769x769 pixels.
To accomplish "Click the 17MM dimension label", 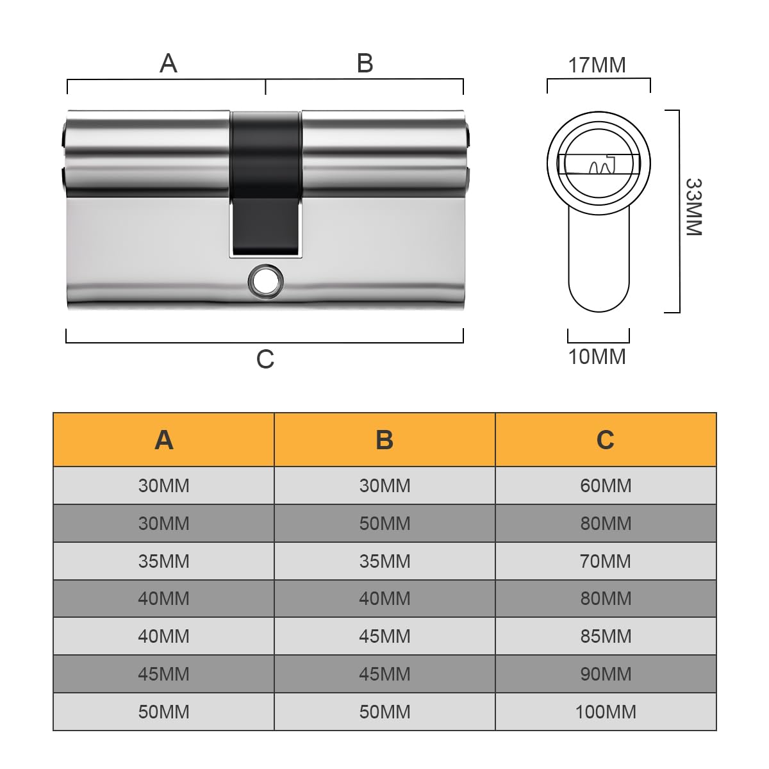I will [597, 65].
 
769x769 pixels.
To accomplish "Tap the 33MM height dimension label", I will [694, 208].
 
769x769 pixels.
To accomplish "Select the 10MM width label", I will [597, 356].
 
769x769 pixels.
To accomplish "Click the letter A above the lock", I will [168, 63].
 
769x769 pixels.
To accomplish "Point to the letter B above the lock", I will [365, 63].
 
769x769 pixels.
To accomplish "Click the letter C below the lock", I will [265, 360].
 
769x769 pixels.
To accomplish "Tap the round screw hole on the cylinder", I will [265, 281].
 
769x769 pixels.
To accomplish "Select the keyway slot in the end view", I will [599, 165].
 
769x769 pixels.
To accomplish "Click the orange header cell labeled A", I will [164, 440].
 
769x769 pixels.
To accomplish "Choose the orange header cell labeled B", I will [384, 440].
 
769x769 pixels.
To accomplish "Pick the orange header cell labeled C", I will [606, 440].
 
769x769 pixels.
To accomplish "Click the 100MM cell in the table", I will [606, 711].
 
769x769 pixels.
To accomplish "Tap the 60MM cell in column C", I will [606, 486].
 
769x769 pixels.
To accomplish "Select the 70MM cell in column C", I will [606, 561].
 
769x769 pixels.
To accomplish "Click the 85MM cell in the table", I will [606, 636].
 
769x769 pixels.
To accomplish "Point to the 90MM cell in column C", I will [606, 674].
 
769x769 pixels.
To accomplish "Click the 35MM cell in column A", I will [164, 561].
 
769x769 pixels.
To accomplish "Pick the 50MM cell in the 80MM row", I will [384, 524].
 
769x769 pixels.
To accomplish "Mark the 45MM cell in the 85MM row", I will [384, 636].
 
